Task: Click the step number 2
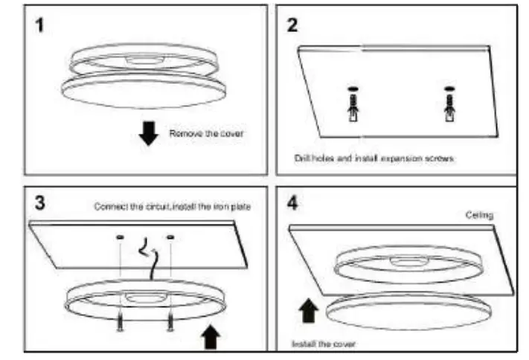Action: [x=293, y=25]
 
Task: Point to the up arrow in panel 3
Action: [x=211, y=338]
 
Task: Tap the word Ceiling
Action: [x=479, y=215]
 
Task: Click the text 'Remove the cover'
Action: [x=206, y=135]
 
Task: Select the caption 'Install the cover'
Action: [x=324, y=344]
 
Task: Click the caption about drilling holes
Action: [x=373, y=158]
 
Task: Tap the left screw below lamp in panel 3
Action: [x=119, y=321]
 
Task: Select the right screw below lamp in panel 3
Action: [x=171, y=321]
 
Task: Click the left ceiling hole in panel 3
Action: [x=120, y=237]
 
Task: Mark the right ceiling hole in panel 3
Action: [x=171, y=237]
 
